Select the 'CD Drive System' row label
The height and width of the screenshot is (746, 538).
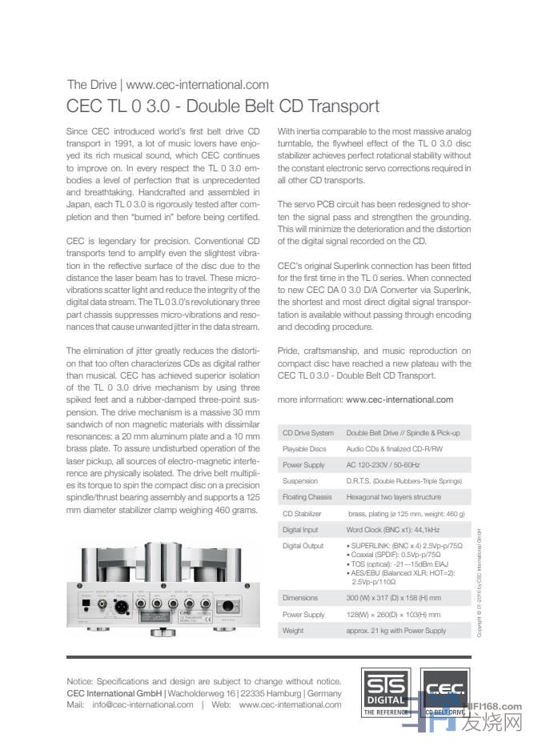308,433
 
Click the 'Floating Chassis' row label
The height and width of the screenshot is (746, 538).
307,497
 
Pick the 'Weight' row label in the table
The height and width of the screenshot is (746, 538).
293,631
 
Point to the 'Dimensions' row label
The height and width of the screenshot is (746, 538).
300,598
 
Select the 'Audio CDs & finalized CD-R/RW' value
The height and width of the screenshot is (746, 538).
394,449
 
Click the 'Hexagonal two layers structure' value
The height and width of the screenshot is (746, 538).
393,497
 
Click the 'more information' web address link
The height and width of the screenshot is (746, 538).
399,399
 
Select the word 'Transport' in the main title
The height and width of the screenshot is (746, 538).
339,106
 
